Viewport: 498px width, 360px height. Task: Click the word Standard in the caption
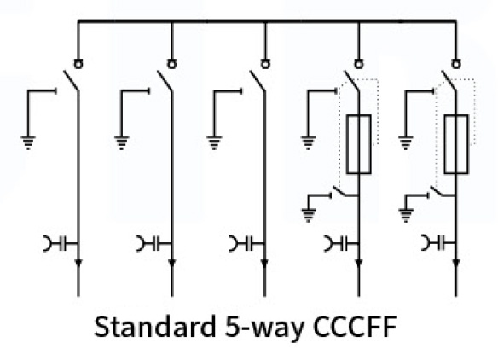tap(154, 327)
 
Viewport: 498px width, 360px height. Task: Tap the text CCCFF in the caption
tap(355, 327)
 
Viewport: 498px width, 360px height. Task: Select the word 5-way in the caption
tap(264, 328)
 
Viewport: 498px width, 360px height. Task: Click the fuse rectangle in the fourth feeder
tap(358, 144)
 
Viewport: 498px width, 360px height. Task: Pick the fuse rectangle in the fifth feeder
tap(456, 144)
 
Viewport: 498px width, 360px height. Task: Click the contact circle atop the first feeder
tap(78, 64)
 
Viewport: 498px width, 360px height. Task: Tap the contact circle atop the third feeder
tap(265, 64)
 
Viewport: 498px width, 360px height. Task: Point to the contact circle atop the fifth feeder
tap(456, 64)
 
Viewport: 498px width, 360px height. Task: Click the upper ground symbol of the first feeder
tap(28, 142)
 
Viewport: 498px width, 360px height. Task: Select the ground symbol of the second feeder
tap(122, 142)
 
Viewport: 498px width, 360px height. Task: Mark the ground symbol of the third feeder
tap(214, 142)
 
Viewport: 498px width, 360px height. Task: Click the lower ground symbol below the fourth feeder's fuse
tap(309, 215)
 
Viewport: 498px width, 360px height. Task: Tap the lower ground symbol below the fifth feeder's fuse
tap(406, 215)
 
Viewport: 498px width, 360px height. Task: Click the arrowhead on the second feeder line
tap(171, 264)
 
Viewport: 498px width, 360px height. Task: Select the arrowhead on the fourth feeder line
tap(358, 264)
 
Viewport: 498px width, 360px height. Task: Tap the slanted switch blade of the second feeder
tap(165, 81)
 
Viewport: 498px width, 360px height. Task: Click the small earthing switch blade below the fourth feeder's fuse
tap(340, 192)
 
